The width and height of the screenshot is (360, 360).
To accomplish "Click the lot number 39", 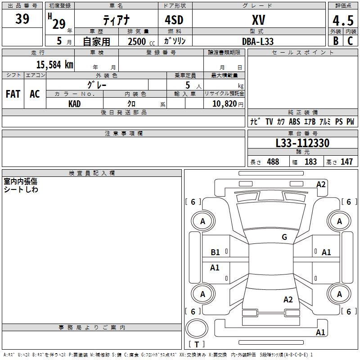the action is click(22, 19).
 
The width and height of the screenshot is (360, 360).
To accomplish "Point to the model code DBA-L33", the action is click(258, 41).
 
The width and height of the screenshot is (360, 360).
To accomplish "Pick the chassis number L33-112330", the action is click(302, 143).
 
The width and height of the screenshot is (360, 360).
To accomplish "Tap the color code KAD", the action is click(75, 103).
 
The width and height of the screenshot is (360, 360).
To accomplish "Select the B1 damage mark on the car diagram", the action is click(216, 252).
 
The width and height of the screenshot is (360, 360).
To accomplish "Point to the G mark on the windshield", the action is click(284, 237).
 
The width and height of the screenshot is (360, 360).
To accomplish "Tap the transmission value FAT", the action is click(13, 94).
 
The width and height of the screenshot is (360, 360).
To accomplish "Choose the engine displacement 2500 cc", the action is click(137, 41).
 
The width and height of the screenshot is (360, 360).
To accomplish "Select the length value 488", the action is click(273, 162).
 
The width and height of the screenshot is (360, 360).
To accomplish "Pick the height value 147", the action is click(346, 162).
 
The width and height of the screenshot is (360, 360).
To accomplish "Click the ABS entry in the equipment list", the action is click(294, 121).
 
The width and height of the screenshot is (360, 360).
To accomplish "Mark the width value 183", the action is click(310, 162).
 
